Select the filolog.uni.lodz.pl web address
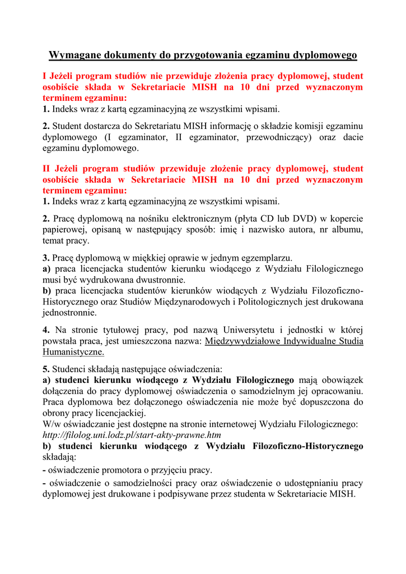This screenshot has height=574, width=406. [x=132, y=434]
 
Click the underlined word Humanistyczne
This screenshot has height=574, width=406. [x=73, y=352]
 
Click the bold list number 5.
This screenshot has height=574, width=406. [x=46, y=369]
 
